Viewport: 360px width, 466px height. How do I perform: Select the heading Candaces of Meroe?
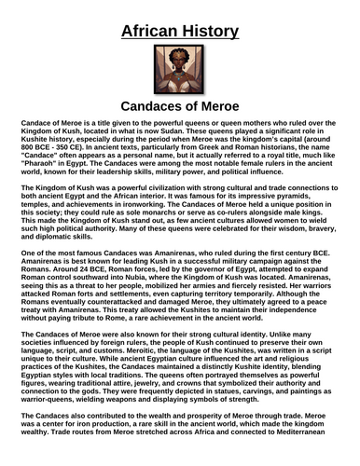[180, 105]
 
